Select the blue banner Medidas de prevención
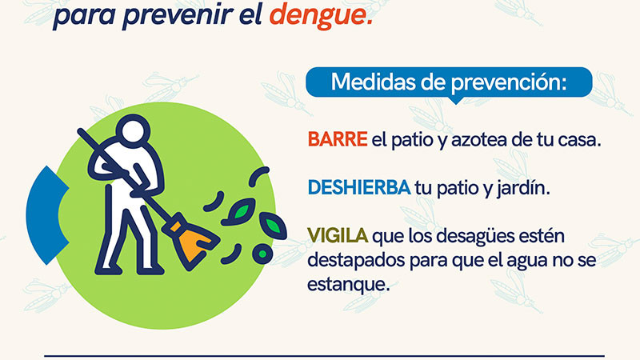(x=449, y=82)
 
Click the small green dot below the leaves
(x=260, y=253)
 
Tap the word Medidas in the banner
(x=368, y=82)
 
